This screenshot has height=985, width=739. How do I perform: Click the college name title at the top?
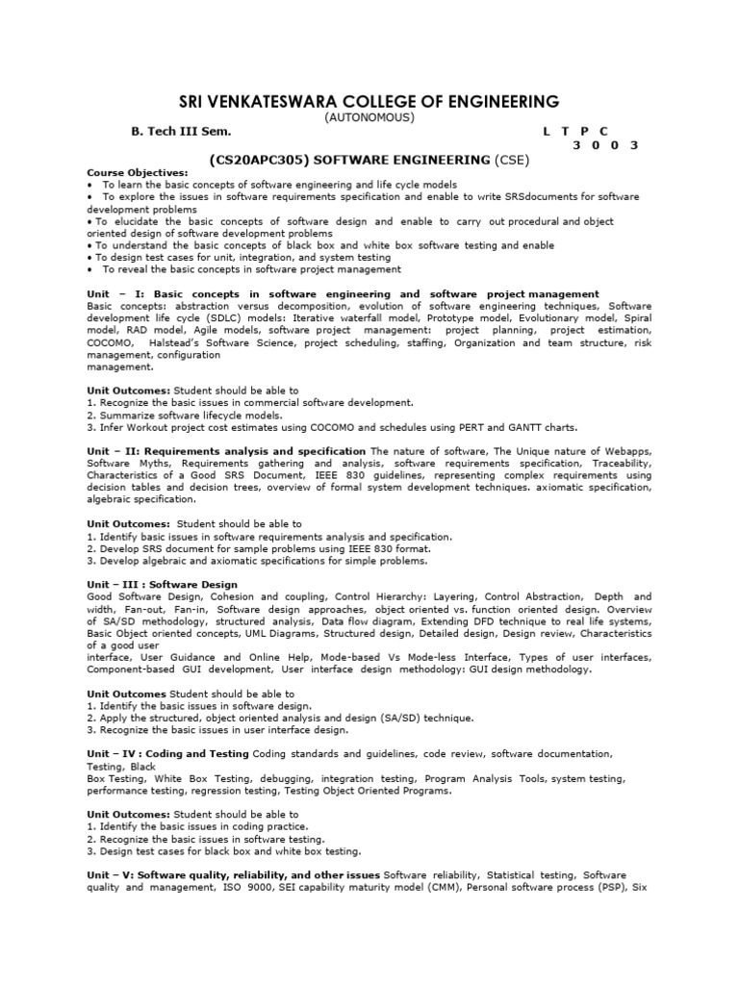[x=369, y=101]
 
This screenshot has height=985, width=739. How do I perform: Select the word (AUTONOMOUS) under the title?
[x=369, y=116]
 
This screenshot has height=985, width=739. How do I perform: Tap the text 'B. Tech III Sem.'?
[x=182, y=130]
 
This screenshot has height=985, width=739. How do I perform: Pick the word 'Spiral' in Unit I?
[x=631, y=318]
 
